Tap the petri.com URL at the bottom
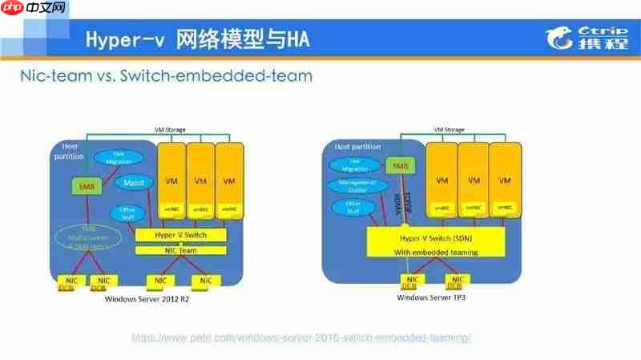click(x=300, y=338)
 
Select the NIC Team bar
click(x=180, y=251)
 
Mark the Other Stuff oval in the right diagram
click(x=348, y=208)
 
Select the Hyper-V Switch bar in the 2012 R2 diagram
click(x=180, y=235)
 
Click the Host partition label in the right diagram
click(x=353, y=147)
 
